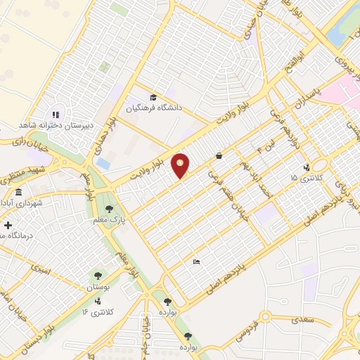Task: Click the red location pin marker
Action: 181,165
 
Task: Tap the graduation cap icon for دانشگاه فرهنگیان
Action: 152,98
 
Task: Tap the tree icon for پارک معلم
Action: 108,209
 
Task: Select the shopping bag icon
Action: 219,155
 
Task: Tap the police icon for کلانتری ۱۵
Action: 307,167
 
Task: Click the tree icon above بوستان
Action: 98,277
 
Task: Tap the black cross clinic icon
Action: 7,225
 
